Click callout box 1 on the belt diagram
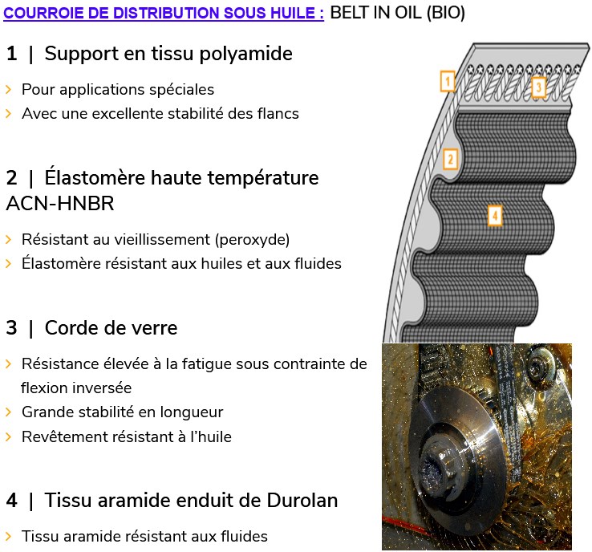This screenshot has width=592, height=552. coord(448,81)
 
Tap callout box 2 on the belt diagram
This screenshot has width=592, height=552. coord(450,159)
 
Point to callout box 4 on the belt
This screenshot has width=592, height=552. coord(495,215)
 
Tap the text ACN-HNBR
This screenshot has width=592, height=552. coord(60,204)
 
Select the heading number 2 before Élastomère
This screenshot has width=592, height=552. coord(11,177)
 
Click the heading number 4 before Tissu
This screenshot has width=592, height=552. coord(11,501)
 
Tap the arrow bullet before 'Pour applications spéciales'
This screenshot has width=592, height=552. coord(8,89)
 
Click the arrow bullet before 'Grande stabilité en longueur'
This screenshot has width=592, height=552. coord(8,412)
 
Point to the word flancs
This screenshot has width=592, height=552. coord(276,113)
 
